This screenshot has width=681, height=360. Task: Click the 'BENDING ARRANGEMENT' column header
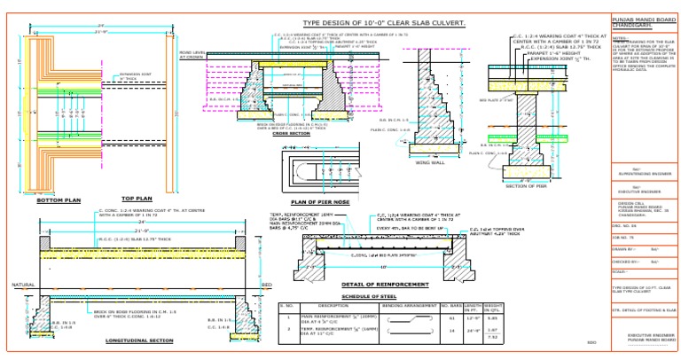coord(408,305)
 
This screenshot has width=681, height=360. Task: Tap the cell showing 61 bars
coord(452,317)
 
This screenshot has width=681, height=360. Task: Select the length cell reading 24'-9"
coord(473,330)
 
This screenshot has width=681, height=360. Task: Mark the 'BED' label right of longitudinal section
coord(267,285)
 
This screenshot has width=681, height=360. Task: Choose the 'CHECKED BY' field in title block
coord(626,262)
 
